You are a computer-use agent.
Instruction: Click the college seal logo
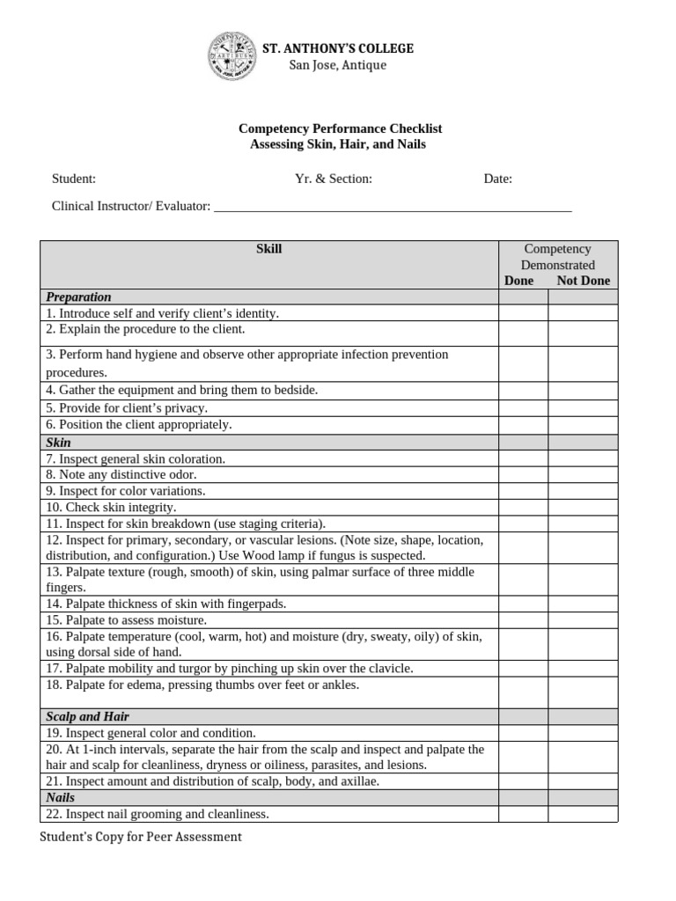coord(231,56)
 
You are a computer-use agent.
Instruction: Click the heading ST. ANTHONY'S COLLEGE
coord(338,48)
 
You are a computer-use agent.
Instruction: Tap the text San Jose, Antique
coord(338,66)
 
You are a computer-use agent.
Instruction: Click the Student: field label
coord(74,179)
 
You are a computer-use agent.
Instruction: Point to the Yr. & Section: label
coord(334,179)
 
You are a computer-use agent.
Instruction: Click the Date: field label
coord(498,179)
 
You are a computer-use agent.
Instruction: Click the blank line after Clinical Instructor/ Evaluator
coord(393,208)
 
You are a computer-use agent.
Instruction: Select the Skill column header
coord(268,249)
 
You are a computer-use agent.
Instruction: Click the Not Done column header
coord(583,281)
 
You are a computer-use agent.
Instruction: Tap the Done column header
coord(519,281)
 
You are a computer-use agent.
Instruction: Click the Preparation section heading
coord(78,297)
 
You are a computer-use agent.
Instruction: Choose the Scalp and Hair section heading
coord(87,717)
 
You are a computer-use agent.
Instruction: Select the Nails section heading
coord(60,798)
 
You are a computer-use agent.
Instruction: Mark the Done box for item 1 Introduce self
coord(524,313)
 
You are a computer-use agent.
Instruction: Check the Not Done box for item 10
coord(583,508)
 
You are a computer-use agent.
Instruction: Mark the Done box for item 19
coord(524,733)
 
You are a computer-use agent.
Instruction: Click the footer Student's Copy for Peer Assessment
coord(140,837)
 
